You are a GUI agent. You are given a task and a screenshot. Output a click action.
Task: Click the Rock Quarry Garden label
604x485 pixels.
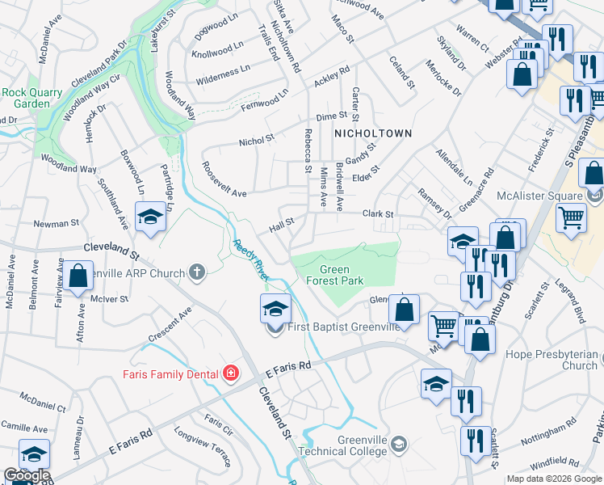31,98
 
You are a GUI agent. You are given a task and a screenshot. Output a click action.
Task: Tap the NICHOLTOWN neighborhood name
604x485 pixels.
373,133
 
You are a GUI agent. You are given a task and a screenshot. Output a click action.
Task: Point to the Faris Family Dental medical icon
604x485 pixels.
231,373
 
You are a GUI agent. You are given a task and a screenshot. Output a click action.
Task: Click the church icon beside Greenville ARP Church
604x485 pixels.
196,273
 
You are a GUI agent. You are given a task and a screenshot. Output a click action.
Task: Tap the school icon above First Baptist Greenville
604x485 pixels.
275,308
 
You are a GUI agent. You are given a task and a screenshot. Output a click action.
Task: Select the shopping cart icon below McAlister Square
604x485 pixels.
571,217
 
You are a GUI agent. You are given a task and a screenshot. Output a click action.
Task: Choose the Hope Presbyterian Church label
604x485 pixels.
551,360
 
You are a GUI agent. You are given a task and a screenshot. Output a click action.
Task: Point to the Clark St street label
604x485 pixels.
377,214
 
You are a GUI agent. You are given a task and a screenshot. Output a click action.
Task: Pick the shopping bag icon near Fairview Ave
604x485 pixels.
78,276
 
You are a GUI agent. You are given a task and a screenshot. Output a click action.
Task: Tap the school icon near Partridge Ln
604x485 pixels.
150,217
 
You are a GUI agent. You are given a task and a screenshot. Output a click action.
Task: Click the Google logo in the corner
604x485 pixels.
27,475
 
